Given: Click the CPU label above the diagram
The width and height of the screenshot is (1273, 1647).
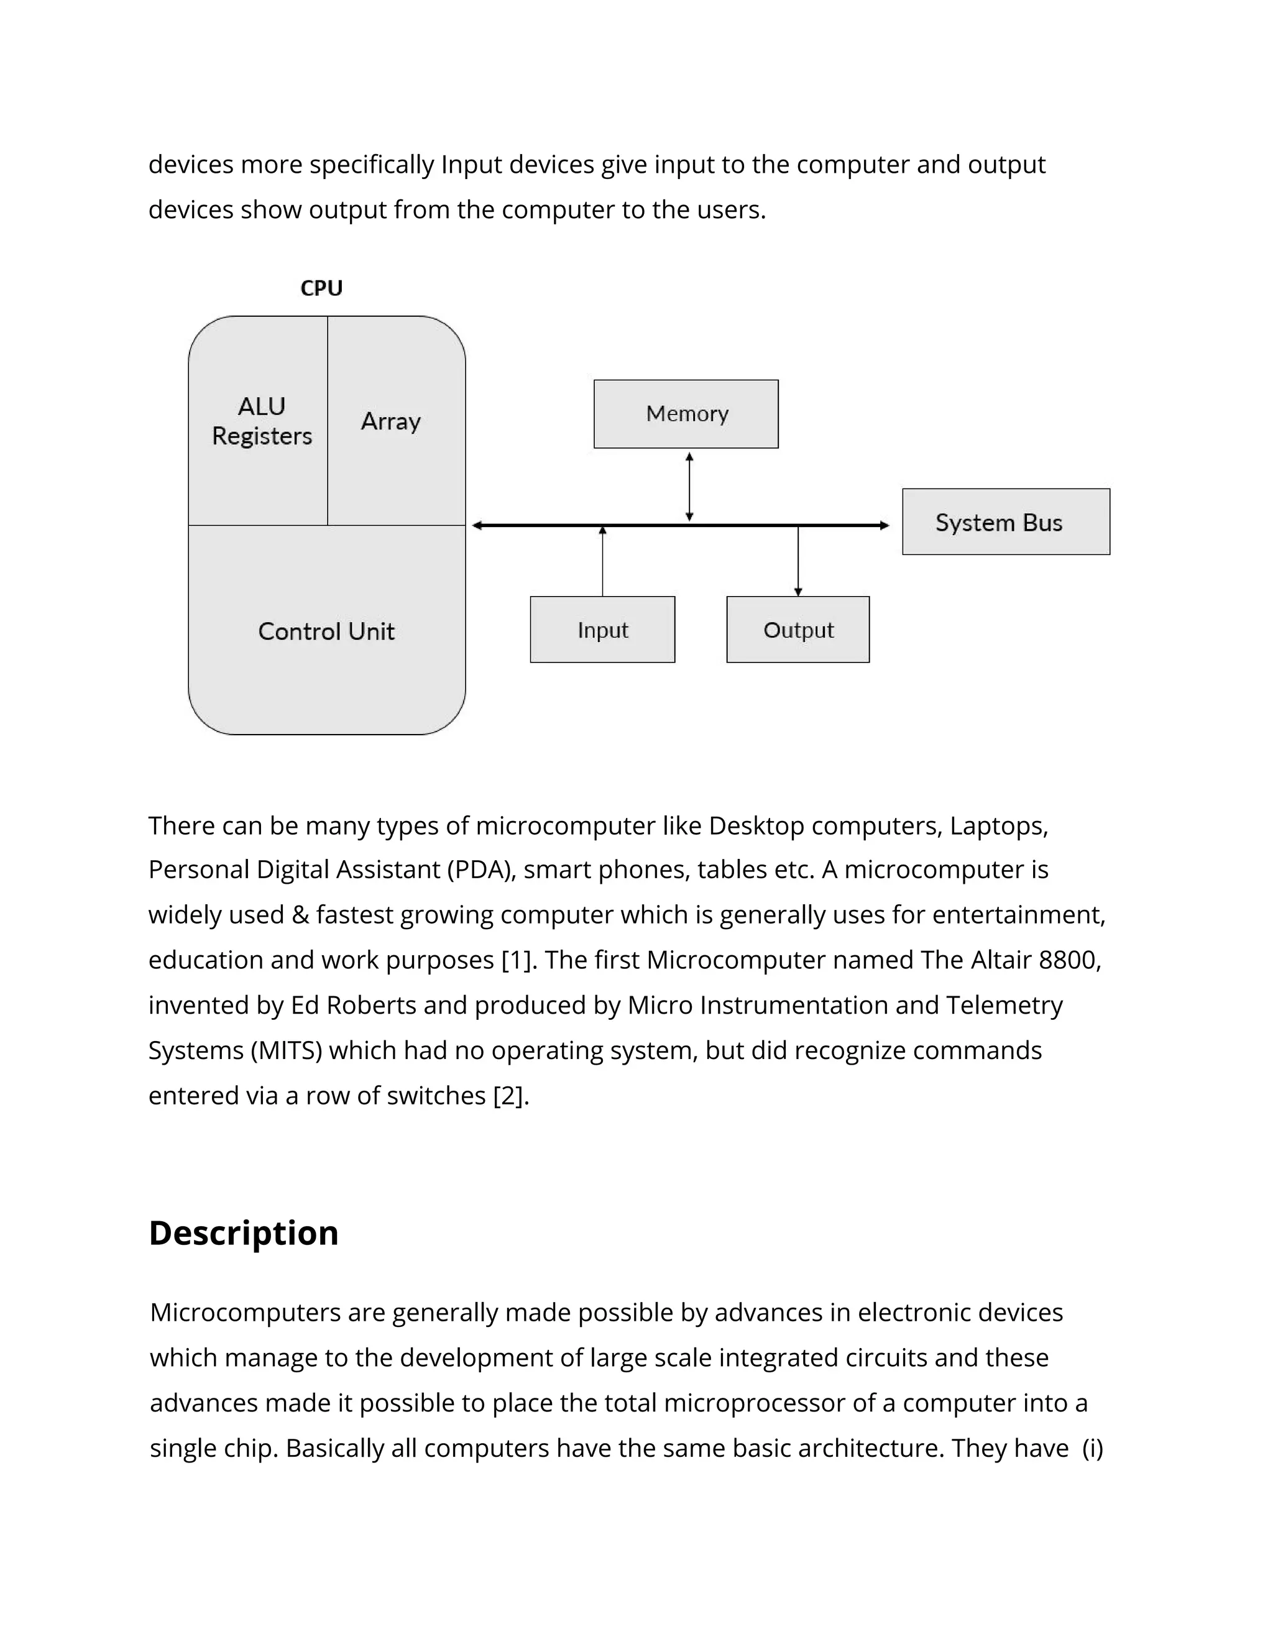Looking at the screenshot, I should (321, 288).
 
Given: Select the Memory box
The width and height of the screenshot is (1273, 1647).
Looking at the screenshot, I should (686, 414).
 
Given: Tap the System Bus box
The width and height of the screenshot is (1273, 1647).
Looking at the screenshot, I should (1005, 522).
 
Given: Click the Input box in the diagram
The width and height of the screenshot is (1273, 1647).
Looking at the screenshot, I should (602, 630).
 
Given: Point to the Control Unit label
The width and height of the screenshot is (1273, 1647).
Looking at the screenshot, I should (326, 631).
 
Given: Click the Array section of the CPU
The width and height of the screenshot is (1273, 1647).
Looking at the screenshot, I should (390, 421).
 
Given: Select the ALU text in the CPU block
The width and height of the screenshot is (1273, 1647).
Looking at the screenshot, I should (262, 406).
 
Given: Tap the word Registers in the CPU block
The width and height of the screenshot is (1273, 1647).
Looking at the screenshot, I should (262, 436).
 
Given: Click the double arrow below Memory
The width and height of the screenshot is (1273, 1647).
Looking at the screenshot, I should (689, 487).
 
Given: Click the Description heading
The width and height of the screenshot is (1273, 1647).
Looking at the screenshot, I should (244, 1233).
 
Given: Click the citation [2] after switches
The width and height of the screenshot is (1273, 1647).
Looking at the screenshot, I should (510, 1096).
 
